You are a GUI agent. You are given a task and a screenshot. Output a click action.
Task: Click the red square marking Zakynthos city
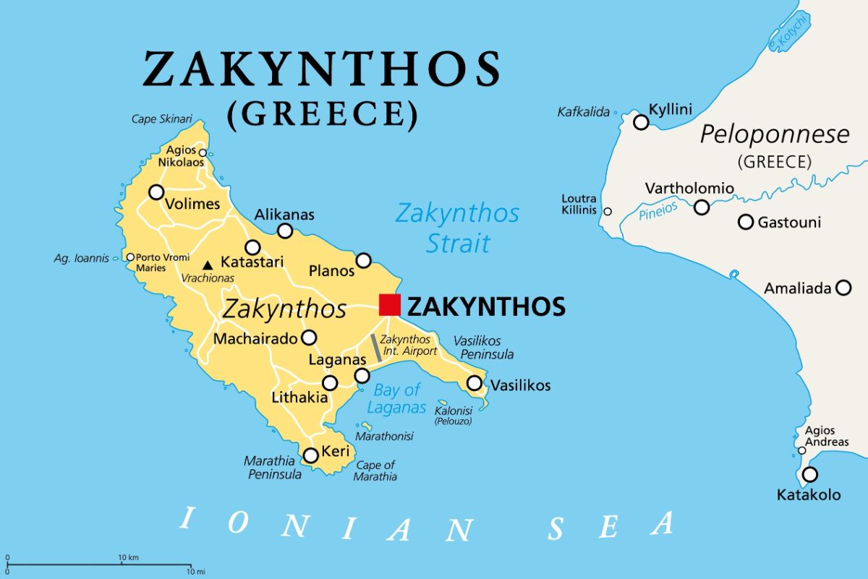389,305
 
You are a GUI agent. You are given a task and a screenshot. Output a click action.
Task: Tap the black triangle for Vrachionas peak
208,265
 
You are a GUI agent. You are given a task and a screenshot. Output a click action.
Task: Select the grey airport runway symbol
377,348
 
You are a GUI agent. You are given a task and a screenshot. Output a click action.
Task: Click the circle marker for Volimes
156,192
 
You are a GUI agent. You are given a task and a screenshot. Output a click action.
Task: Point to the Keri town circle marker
310,455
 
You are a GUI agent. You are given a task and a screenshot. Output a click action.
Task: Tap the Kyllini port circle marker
641,122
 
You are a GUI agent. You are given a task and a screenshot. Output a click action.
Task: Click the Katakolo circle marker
810,475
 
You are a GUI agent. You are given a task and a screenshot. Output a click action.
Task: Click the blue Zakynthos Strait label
457,228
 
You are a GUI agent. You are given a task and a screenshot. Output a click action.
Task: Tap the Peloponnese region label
775,134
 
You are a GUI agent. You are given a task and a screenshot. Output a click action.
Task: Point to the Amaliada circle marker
843,288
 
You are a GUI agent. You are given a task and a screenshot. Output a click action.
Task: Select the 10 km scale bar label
128,557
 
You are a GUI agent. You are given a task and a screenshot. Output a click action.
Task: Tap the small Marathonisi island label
384,437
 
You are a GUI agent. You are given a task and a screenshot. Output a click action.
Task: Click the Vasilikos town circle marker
475,383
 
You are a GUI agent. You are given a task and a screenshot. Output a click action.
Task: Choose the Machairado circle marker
309,337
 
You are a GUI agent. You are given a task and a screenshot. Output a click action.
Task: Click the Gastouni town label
789,223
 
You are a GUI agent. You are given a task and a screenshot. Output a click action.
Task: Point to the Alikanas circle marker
285,231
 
